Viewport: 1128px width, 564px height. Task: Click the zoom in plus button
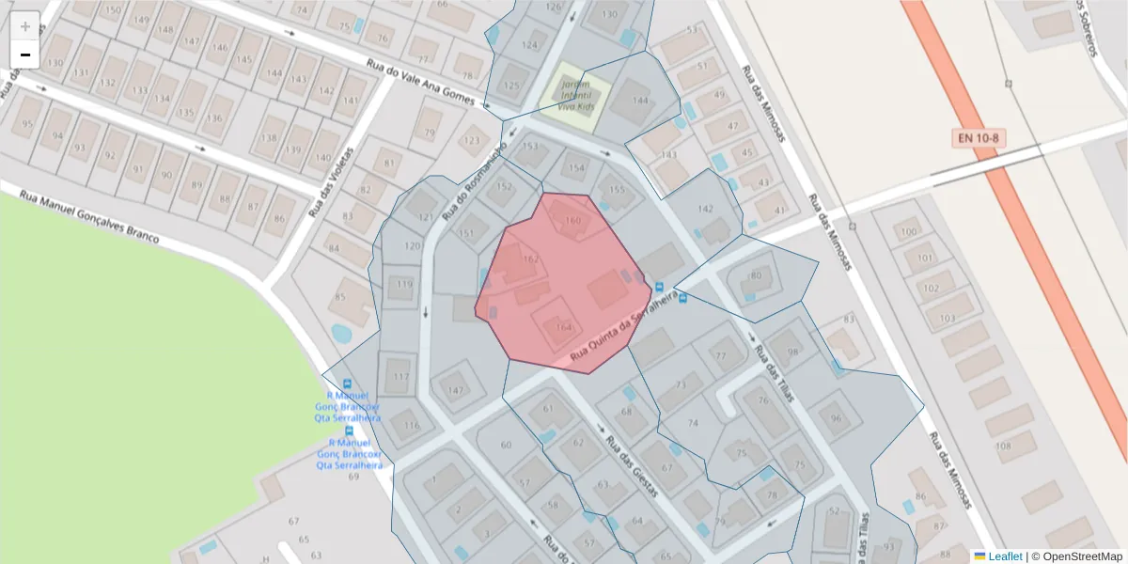pos(25,26)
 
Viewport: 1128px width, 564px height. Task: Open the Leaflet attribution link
pos(1004,556)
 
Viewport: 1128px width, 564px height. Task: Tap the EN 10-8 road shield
pos(979,138)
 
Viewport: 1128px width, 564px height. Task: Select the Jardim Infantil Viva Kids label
pos(575,95)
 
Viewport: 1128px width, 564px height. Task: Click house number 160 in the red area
pos(572,222)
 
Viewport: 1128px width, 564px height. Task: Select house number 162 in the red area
pos(530,259)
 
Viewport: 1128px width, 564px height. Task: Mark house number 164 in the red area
pos(563,327)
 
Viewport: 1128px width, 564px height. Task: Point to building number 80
pos(755,275)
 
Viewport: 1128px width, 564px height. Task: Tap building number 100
pos(908,232)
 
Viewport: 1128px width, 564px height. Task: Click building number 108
pos(1003,446)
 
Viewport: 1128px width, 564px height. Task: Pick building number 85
pos(339,298)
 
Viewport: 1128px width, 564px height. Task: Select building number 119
pos(405,285)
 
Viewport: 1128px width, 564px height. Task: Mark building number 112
pos(401,377)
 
